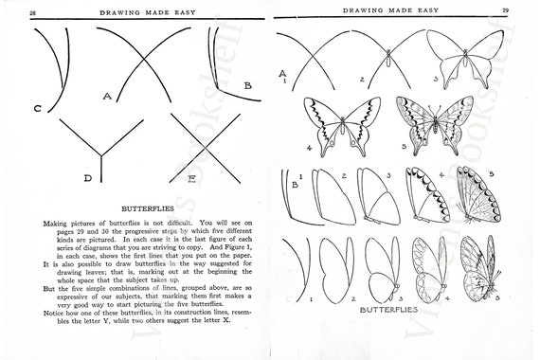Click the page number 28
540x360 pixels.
[x=33, y=10]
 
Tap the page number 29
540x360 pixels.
[x=506, y=10]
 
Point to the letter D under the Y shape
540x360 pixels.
[x=87, y=177]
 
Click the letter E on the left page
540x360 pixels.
[x=191, y=177]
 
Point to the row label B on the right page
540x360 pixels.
[x=295, y=186]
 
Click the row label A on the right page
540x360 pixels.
[x=282, y=73]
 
